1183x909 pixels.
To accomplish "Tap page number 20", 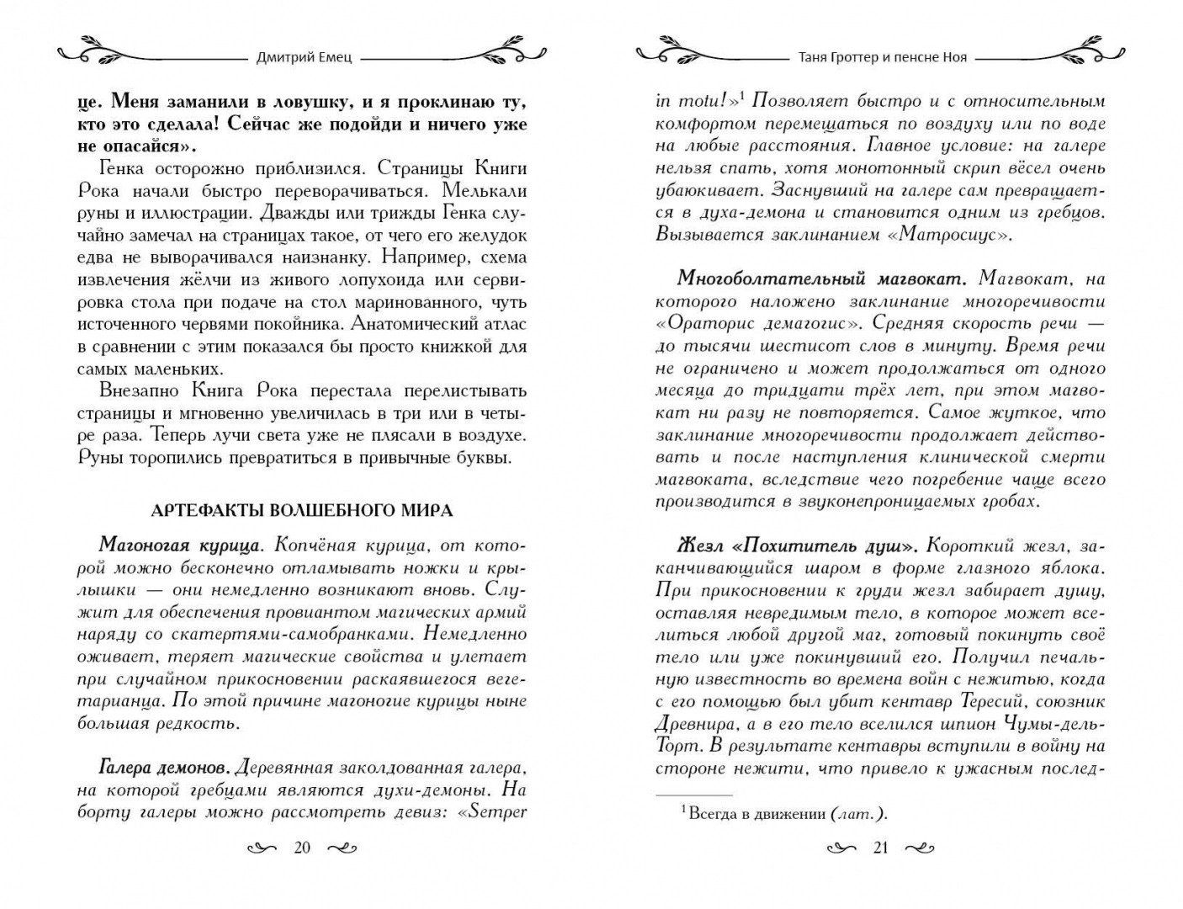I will (301, 848).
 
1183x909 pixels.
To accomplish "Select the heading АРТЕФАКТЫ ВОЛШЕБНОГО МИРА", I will (301, 510).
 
